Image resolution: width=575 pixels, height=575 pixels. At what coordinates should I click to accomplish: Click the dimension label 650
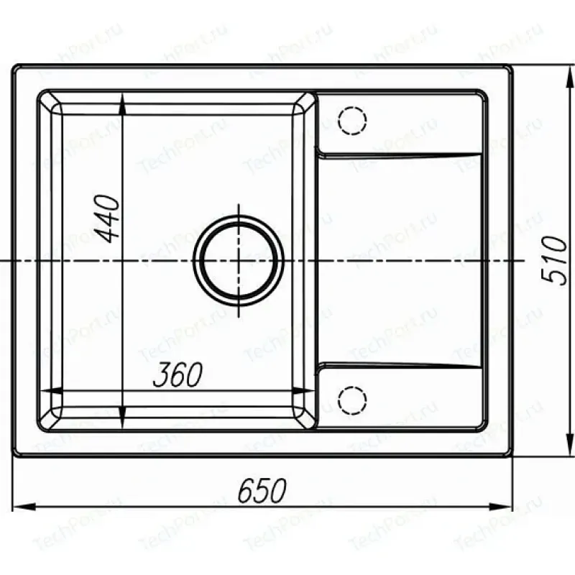(x=262, y=490)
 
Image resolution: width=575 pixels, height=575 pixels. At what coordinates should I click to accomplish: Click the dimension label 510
(x=553, y=260)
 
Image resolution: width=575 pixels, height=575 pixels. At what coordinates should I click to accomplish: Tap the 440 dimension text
(x=107, y=219)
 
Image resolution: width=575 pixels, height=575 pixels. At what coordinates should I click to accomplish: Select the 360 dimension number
(x=178, y=374)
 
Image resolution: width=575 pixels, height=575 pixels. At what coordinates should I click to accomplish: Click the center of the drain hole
(x=239, y=260)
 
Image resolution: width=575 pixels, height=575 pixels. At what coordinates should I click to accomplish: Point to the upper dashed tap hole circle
(x=352, y=120)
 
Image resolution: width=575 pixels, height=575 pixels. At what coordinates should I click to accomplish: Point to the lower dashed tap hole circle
(x=352, y=400)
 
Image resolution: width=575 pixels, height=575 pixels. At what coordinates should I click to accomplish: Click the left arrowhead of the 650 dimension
(x=24, y=507)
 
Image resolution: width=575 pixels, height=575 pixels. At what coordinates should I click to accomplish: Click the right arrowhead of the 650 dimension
(x=501, y=507)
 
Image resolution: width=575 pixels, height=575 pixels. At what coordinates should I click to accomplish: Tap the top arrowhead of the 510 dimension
(x=570, y=78)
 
